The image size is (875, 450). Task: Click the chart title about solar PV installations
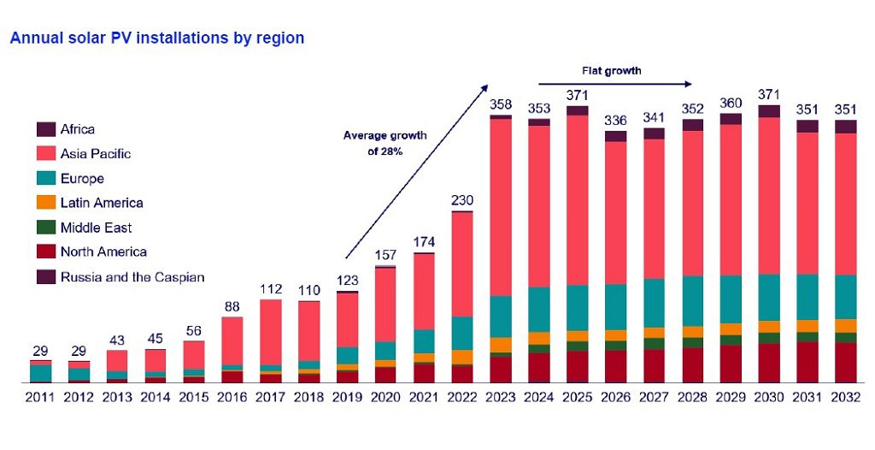click(157, 38)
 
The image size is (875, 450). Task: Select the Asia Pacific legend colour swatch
click(45, 154)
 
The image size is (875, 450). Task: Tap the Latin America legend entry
click(101, 203)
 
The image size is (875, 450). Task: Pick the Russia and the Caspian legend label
click(132, 276)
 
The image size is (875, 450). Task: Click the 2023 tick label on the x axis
click(501, 397)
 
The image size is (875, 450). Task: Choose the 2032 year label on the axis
click(846, 397)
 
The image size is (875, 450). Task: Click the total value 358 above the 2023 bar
click(501, 104)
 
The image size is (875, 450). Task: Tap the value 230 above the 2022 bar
click(462, 200)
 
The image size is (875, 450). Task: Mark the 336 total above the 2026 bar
click(615, 121)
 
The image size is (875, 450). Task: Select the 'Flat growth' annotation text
click(611, 70)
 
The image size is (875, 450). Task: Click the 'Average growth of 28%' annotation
click(385, 143)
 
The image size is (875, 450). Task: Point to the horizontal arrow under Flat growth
click(615, 84)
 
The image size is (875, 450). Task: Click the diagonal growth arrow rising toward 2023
click(416, 171)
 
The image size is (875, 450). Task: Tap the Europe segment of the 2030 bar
click(769, 297)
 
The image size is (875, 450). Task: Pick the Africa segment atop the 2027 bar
click(655, 133)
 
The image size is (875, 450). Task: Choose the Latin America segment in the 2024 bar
click(539, 338)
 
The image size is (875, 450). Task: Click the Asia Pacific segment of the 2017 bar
click(271, 332)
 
